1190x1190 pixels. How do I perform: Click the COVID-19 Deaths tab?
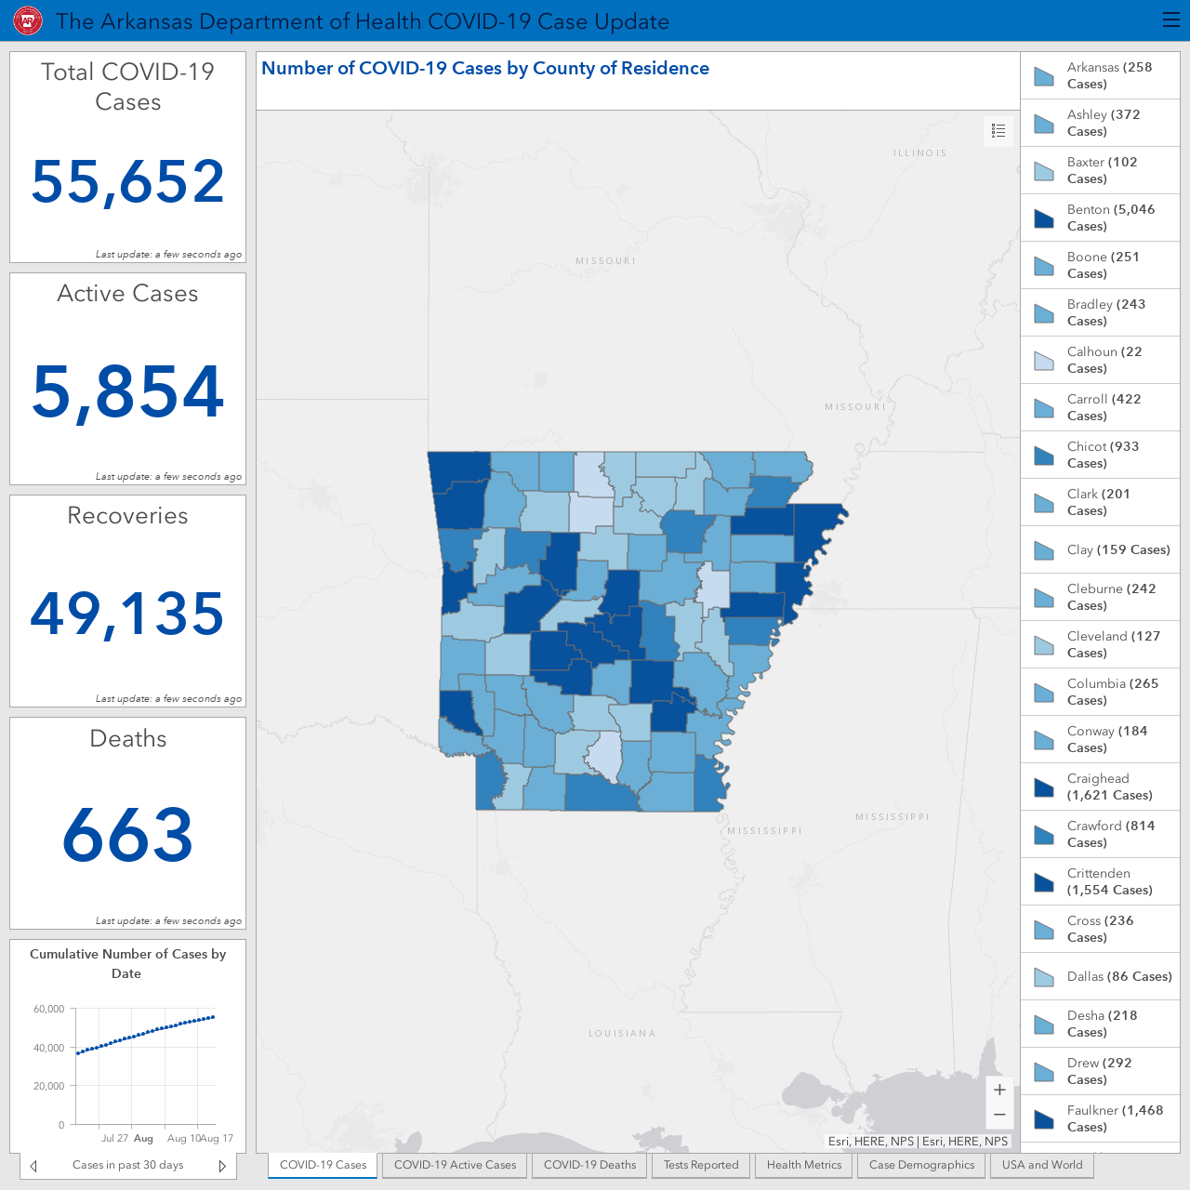[589, 1165]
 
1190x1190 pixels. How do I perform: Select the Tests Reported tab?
[701, 1165]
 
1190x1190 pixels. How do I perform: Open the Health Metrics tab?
[804, 1165]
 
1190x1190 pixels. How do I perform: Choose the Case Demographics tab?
[921, 1165]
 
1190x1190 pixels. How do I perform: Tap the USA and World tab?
[1042, 1165]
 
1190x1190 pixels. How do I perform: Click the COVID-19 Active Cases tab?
[456, 1165]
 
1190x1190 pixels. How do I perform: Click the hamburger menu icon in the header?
[1170, 20]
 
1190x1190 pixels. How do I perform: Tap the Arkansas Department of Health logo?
[28, 21]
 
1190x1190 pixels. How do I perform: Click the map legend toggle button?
[998, 131]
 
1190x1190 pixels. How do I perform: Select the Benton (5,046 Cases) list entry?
[1100, 218]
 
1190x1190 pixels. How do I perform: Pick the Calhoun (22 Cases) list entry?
[1100, 360]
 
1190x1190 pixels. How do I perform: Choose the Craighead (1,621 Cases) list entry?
[1100, 787]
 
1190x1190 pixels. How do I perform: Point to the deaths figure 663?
[127, 834]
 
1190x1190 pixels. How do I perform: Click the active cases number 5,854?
[127, 391]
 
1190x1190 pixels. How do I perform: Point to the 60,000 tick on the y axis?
[48, 1009]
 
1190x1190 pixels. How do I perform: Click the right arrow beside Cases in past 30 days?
[222, 1166]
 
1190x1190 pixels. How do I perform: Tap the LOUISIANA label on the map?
[622, 1033]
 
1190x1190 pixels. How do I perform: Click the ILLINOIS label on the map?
[920, 153]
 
